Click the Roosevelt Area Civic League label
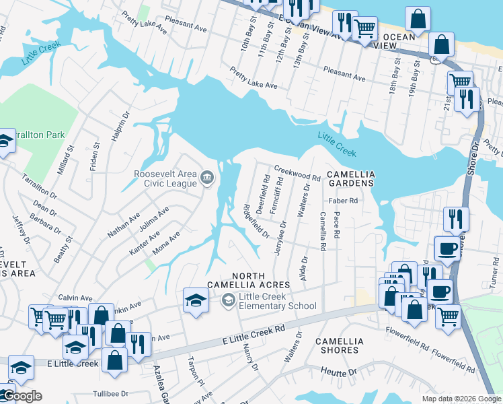[165, 179]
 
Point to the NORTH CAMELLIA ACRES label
[261, 280]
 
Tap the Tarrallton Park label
[40, 135]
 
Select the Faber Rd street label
[342, 201]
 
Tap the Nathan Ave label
[124, 226]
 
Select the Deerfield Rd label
[261, 195]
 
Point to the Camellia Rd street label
[323, 231]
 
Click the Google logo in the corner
[22, 396]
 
